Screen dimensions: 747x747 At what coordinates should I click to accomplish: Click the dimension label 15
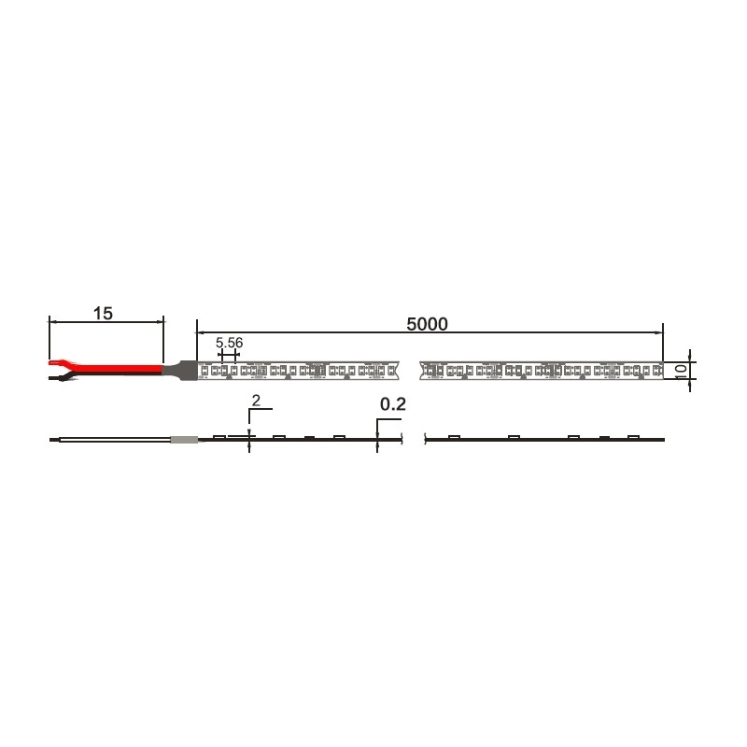click(x=103, y=314)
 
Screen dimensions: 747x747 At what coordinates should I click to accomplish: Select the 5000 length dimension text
click(x=427, y=324)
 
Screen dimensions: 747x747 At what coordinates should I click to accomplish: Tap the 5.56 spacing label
click(x=229, y=343)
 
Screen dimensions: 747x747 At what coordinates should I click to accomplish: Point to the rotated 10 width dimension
click(x=682, y=371)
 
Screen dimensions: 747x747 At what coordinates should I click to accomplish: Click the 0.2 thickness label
click(x=393, y=404)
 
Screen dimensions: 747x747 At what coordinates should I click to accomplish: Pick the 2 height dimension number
click(x=256, y=402)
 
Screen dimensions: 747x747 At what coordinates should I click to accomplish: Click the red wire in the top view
click(x=114, y=369)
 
